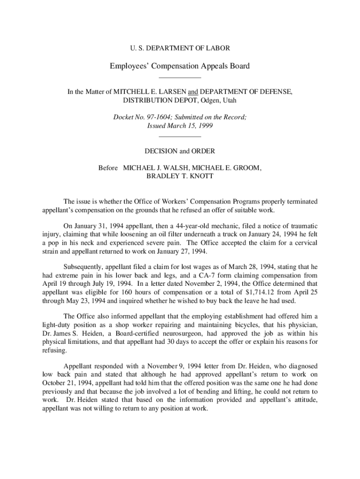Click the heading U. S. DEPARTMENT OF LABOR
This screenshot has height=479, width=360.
pyautogui.click(x=180, y=48)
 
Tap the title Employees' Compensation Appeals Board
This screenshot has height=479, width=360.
pyautogui.click(x=180, y=66)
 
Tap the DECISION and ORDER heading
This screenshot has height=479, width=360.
pyautogui.click(x=180, y=151)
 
